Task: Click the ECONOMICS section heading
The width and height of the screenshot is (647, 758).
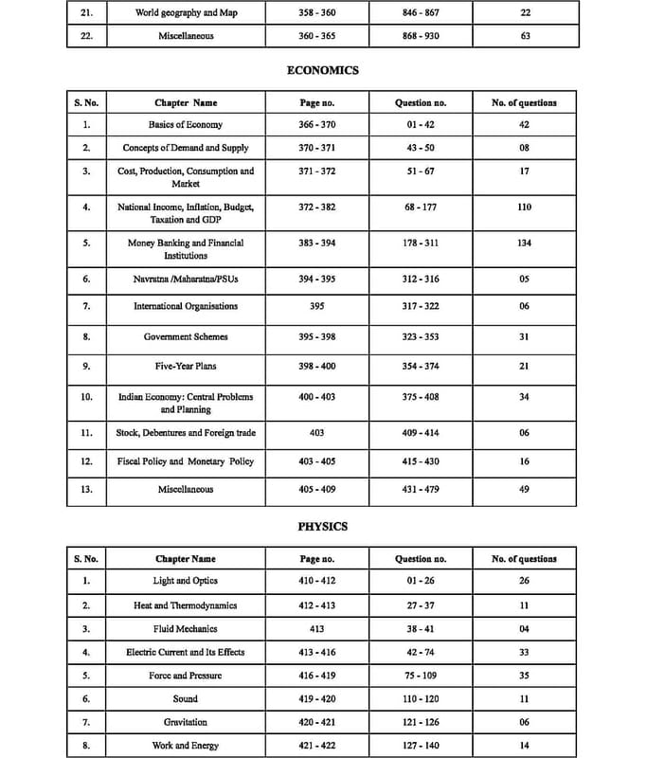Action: coord(323,70)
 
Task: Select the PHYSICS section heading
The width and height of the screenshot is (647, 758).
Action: coord(323,526)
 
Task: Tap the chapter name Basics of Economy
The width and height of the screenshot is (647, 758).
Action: coord(186,124)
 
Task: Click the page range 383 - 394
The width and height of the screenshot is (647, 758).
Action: coord(316,243)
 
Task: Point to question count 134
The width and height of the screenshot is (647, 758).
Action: coord(524,243)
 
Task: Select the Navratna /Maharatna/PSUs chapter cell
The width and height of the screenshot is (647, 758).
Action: coord(186,279)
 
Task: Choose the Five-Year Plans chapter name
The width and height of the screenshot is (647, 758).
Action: coord(186,366)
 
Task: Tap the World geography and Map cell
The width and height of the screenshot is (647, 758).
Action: coord(186,13)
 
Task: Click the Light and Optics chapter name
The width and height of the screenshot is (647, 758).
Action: coord(186,580)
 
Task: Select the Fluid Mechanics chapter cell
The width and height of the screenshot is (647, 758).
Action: coord(186,628)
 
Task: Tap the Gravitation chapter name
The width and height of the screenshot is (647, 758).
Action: coord(186,722)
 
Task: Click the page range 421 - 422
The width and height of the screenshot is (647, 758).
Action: coord(316,746)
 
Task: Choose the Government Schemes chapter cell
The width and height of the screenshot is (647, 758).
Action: coord(186,336)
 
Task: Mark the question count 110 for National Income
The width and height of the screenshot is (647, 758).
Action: coord(524,207)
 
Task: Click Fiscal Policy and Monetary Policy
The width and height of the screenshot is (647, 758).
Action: coord(186,461)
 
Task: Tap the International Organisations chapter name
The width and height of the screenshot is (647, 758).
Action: coord(186,306)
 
